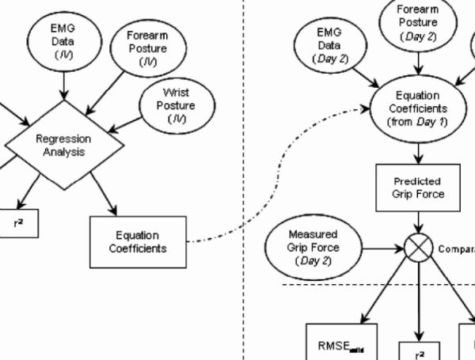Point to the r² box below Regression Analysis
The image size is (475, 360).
[17, 224]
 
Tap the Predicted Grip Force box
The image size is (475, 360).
[417, 188]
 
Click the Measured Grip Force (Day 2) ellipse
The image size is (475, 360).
[313, 247]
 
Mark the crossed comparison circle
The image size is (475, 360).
[417, 248]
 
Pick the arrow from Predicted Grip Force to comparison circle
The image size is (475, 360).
[417, 222]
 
